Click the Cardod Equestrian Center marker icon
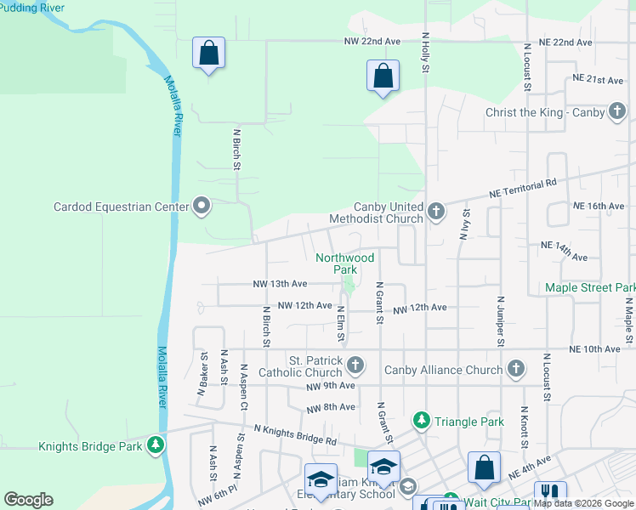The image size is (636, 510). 202,206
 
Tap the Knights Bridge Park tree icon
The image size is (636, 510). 155,445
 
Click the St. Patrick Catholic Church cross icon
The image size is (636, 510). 356,365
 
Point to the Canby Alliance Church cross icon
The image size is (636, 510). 514,369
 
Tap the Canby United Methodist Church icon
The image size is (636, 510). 436,211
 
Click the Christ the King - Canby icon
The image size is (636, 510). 618,112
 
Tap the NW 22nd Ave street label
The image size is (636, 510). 372,41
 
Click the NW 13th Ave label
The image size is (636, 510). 280,283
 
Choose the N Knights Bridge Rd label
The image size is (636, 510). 295,437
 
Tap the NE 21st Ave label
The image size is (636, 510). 599,79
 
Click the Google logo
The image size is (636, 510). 28,500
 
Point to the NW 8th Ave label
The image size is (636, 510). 331,407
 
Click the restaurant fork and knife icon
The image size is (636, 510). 550,493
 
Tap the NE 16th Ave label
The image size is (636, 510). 599,207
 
